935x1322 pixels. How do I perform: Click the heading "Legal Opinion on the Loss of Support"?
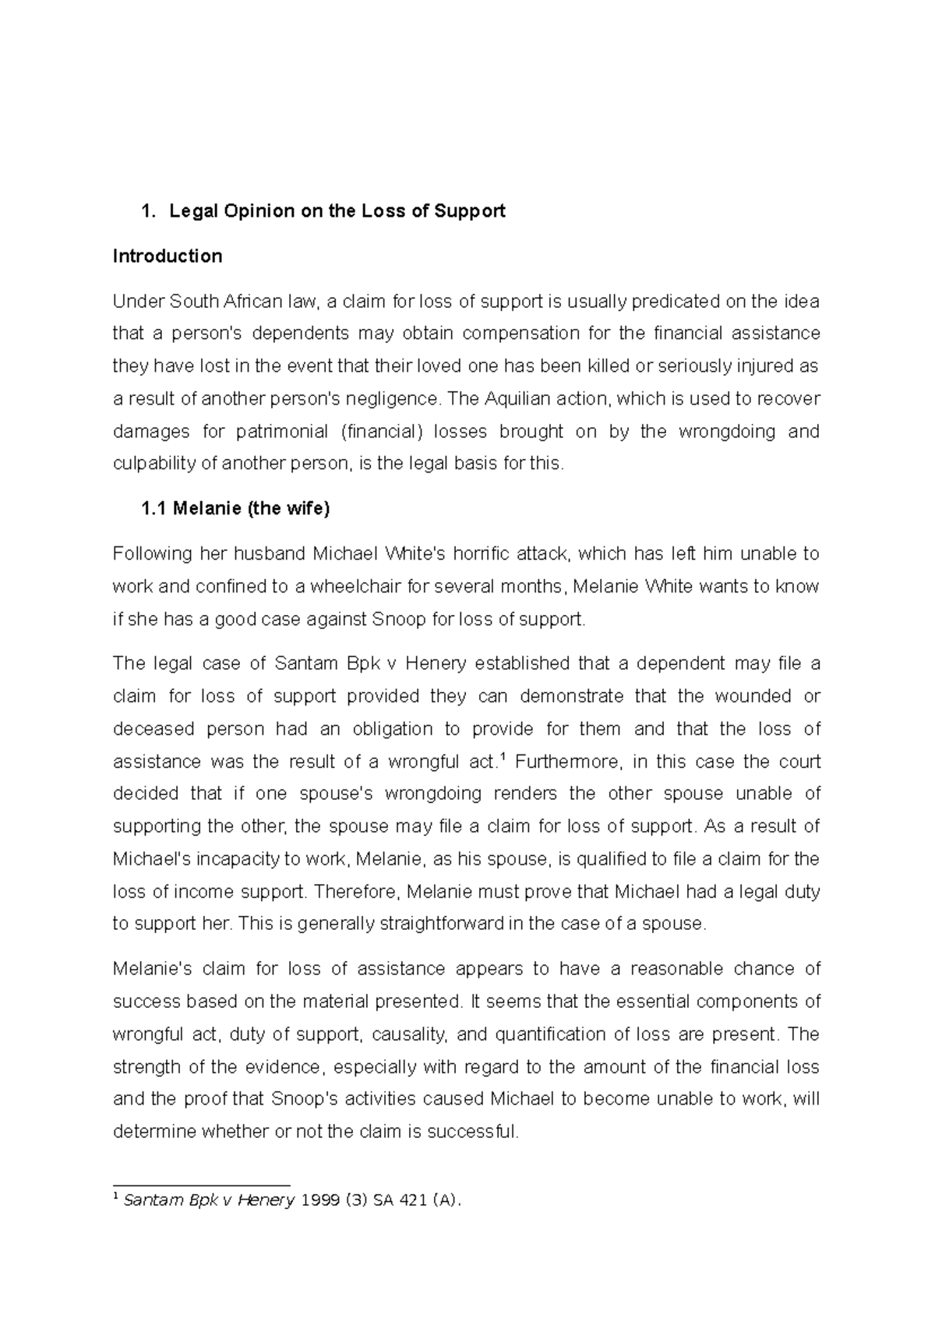click(x=337, y=210)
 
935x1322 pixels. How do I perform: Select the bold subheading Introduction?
click(x=168, y=256)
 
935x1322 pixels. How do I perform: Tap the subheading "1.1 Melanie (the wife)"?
click(x=235, y=509)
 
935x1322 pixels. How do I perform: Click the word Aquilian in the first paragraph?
click(x=518, y=398)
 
